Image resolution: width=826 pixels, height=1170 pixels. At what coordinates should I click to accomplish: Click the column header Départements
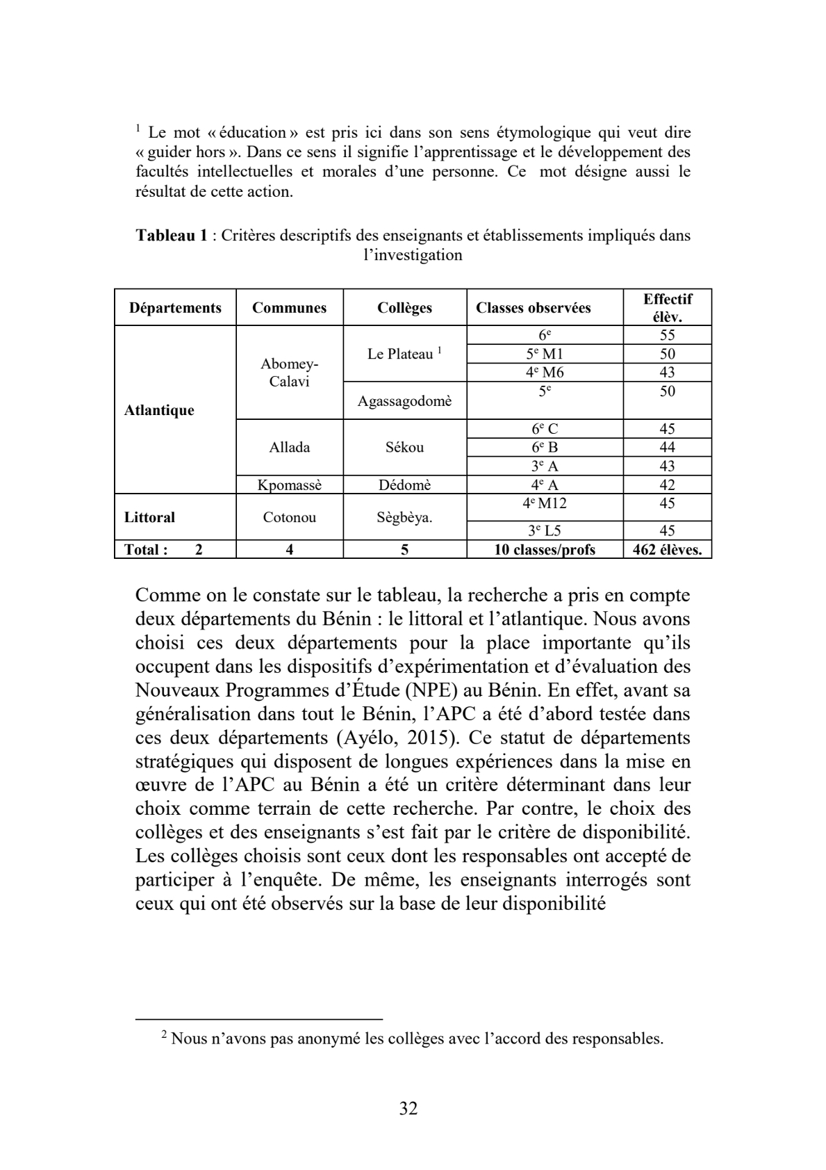175,308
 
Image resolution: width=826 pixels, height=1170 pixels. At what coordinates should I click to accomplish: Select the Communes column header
289,308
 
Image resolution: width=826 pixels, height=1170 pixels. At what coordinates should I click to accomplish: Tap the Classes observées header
533,308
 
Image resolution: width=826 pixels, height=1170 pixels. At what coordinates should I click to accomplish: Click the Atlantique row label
159,410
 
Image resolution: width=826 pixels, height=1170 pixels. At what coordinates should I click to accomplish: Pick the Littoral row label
149,517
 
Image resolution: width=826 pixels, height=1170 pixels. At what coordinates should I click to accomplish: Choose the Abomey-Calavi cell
289,373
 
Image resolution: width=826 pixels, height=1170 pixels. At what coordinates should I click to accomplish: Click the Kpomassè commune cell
289,485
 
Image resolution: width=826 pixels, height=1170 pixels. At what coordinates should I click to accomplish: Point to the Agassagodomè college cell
404,401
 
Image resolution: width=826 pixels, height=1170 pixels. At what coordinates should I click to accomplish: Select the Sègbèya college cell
404,517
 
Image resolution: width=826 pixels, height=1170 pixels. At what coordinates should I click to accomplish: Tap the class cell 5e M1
545,354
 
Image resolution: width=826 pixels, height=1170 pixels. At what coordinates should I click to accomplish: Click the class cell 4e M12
545,503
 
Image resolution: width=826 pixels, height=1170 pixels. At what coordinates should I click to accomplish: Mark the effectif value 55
667,335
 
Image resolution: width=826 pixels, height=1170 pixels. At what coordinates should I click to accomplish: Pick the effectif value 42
667,485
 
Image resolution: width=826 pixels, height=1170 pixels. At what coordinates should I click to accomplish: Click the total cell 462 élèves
667,550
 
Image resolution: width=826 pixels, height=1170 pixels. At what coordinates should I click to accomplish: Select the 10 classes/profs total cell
545,550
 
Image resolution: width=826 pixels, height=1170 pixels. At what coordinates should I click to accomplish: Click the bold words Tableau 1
172,235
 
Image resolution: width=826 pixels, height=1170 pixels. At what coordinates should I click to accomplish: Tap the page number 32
408,1108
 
